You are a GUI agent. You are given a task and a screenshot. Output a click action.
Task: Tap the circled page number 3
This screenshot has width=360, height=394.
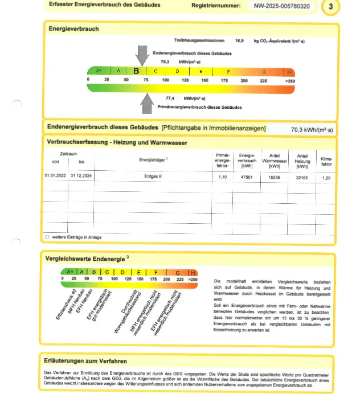coord(332,7)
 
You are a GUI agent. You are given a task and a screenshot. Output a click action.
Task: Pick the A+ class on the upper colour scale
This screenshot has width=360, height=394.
coord(99,71)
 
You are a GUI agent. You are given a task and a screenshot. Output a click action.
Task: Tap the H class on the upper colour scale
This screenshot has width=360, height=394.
coord(290,72)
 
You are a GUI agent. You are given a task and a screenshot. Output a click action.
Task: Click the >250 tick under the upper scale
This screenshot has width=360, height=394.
coord(290,81)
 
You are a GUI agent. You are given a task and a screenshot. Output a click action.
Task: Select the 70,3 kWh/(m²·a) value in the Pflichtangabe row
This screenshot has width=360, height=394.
coord(312,130)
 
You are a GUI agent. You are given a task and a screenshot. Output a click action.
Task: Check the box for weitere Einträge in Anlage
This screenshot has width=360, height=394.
coord(47,236)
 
